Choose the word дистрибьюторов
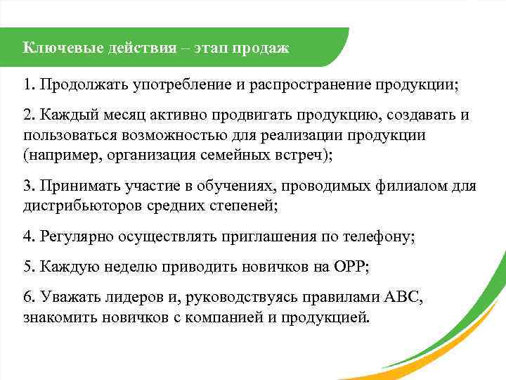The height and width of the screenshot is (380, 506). [x=77, y=205]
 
